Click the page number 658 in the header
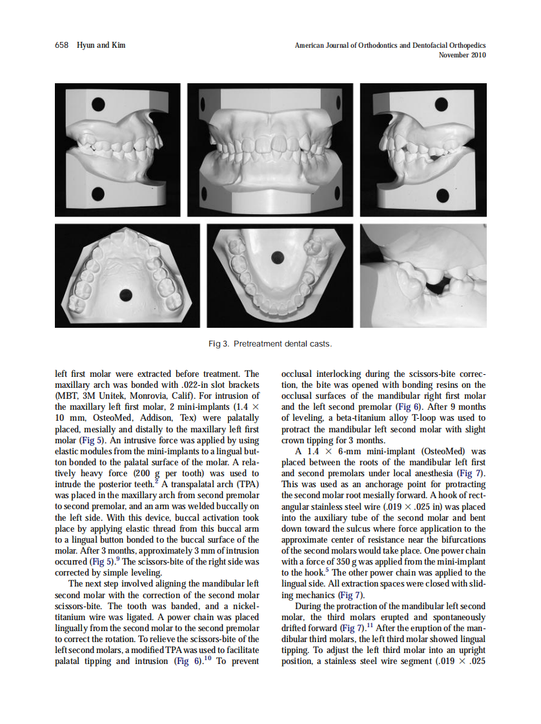(61, 45)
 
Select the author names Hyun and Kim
(101, 45)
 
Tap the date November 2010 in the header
(462, 55)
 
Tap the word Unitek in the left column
(113, 395)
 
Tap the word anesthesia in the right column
(424, 473)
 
